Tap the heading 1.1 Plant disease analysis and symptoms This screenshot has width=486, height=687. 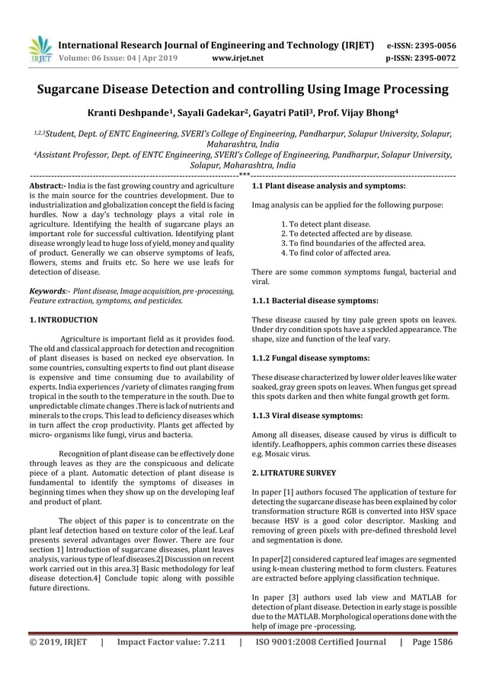(328, 186)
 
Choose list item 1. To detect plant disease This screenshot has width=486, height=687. (326, 224)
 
